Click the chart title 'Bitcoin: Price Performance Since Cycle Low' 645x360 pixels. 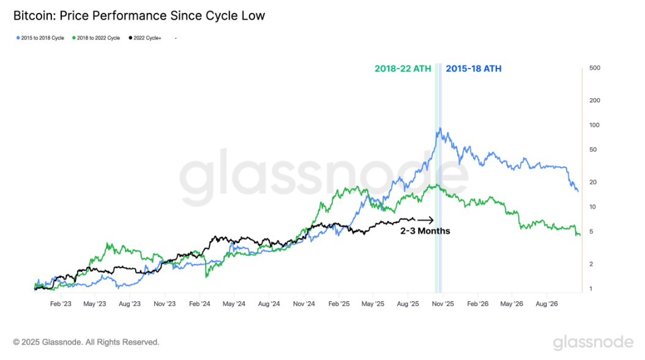139,16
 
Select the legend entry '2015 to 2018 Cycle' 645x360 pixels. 40,38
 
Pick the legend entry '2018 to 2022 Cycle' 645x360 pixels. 96,38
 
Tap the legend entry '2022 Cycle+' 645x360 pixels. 145,38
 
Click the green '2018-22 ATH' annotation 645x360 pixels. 403,69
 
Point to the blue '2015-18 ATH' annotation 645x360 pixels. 474,69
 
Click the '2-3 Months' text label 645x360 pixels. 425,231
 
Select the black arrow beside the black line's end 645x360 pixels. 425,220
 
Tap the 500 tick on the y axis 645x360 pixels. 594,68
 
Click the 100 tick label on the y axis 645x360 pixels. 594,125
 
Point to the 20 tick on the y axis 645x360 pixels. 593,182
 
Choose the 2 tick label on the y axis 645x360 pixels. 591,264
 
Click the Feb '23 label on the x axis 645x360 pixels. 61,304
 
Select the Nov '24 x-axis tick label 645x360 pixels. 304,304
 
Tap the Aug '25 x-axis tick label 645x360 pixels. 408,304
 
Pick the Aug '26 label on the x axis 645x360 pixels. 546,304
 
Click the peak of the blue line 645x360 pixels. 440,128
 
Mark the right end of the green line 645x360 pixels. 580,235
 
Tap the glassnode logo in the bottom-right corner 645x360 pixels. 593,342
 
